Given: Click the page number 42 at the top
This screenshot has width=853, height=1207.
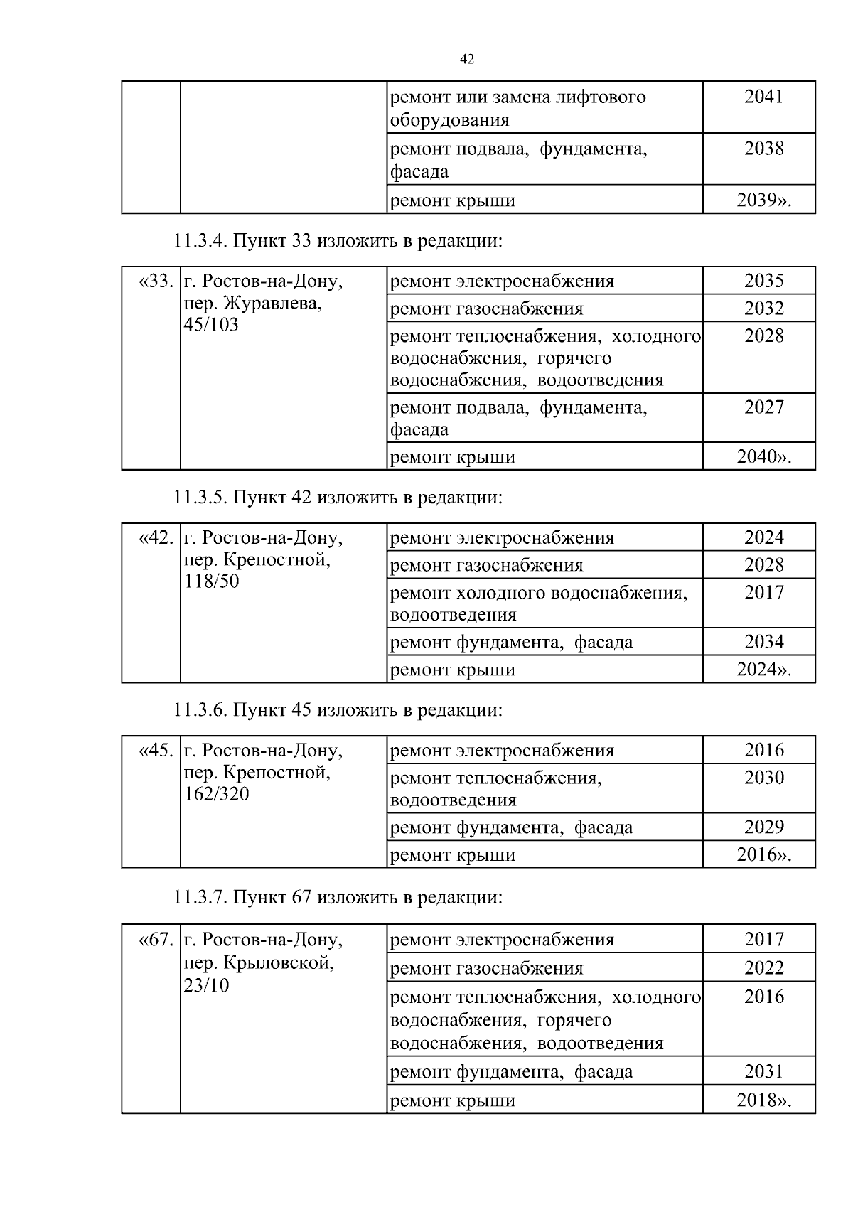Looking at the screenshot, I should pos(467,60).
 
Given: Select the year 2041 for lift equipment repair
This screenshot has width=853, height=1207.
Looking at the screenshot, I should pos(763,96).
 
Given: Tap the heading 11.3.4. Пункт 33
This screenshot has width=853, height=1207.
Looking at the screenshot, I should pos(338,241).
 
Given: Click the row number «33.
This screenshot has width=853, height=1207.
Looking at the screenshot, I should pos(155,281).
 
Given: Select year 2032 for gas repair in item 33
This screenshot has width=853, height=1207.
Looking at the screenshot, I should pos(763,309).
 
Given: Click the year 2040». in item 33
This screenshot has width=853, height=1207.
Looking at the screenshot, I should pos(763,456).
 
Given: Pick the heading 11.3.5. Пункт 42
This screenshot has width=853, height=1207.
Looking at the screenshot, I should pos(338,497).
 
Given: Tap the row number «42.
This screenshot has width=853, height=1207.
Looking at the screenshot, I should pos(155,538).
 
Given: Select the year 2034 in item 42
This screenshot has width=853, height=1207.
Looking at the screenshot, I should pos(763,642).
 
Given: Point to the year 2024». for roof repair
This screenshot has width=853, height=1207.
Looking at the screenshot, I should pos(763,670).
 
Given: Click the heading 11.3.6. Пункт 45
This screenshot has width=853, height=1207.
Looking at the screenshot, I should pos(338,710).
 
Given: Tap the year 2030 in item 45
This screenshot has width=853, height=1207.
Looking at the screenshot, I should pos(763,778).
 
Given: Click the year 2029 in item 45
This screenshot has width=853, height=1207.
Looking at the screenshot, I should pos(763,827).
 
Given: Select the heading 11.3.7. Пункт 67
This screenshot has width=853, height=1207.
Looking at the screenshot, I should pos(338,897).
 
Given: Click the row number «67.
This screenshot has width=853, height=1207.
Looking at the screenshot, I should pos(155,940).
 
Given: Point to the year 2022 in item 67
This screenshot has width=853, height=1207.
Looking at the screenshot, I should pos(763,968).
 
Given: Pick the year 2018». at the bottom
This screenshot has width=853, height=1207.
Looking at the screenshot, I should pos(763,1100).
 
